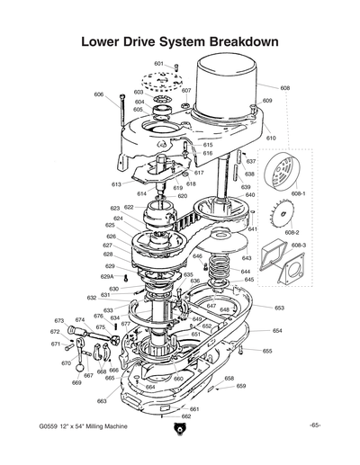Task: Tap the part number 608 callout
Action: click(x=285, y=88)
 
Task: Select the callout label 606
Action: click(x=98, y=94)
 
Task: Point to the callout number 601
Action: click(x=158, y=64)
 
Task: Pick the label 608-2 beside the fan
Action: click(x=293, y=232)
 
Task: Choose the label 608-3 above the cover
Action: click(x=299, y=245)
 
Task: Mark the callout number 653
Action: click(x=279, y=308)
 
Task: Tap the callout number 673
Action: click(x=58, y=320)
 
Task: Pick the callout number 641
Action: click(x=253, y=229)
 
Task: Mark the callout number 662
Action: click(x=186, y=416)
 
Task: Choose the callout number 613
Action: click(x=116, y=184)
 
